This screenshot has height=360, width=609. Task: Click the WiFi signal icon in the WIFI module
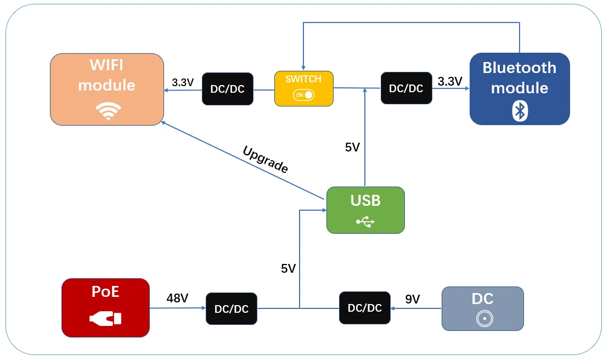tap(108, 111)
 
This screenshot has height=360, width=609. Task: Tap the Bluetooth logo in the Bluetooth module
tap(520, 110)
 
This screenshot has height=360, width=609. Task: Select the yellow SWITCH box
tap(304, 88)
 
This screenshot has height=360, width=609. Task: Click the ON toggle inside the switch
tap(304, 95)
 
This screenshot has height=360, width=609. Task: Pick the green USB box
tap(365, 210)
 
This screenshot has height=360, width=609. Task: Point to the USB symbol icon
tap(365, 222)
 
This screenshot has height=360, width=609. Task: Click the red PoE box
tap(105, 307)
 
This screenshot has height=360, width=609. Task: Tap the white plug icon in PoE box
tap(105, 318)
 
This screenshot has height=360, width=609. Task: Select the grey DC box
tap(483, 308)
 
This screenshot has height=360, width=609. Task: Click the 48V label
tap(177, 299)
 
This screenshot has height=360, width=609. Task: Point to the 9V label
tap(413, 299)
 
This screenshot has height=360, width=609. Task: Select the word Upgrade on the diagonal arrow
tap(265, 160)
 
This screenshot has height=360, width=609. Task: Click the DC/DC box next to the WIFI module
tap(227, 89)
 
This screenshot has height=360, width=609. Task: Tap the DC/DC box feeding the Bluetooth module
tap(406, 88)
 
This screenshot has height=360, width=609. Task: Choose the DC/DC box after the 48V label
tap(231, 309)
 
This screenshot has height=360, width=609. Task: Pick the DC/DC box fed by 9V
tap(364, 308)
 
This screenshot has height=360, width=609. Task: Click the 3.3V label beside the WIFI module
tap(183, 82)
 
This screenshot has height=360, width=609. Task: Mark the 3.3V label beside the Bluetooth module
tap(450, 82)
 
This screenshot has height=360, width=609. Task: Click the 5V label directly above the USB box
tap(352, 147)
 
